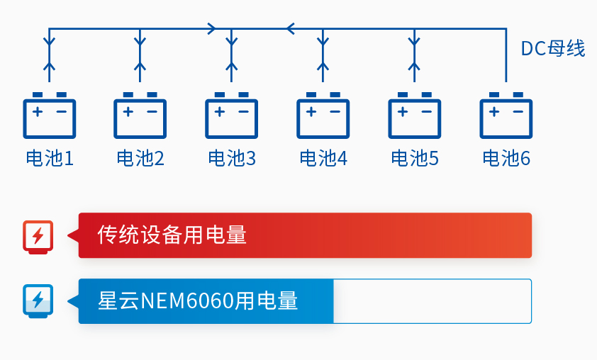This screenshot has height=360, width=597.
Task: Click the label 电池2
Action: [x=140, y=159]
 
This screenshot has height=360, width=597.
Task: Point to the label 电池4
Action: [x=323, y=159]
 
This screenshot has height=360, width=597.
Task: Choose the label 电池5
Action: [x=415, y=159]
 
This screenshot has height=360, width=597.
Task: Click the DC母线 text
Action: [x=553, y=49]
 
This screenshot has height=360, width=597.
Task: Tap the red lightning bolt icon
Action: [x=38, y=235]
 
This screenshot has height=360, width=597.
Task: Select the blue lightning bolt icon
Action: [x=38, y=300]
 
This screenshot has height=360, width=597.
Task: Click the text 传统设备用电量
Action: [x=172, y=235]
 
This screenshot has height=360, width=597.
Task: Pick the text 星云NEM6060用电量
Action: [x=199, y=301]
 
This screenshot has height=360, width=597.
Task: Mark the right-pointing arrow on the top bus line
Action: [x=211, y=29]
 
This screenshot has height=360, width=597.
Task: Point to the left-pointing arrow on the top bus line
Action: [x=291, y=29]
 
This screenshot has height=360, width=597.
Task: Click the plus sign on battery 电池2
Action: [x=128, y=111]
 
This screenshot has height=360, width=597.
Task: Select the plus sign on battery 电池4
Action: [x=311, y=111]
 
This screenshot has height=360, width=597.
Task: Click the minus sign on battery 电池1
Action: [x=62, y=111]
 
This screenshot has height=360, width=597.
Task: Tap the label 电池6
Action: [x=506, y=159]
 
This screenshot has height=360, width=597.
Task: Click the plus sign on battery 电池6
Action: [x=493, y=111]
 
